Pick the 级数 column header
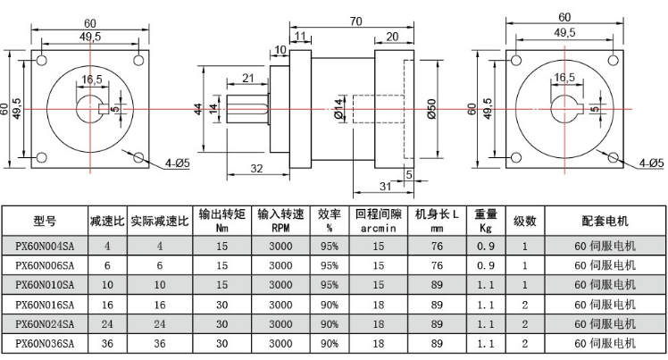(x=524, y=221)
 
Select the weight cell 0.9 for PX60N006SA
(x=485, y=265)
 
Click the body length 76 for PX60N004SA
(x=437, y=245)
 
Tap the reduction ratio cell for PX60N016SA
(x=107, y=305)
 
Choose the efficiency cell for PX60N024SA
(x=330, y=324)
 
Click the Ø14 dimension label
(x=339, y=108)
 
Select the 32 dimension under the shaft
(x=255, y=168)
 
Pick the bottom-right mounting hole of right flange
(x=615, y=158)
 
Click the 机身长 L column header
(x=437, y=221)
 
